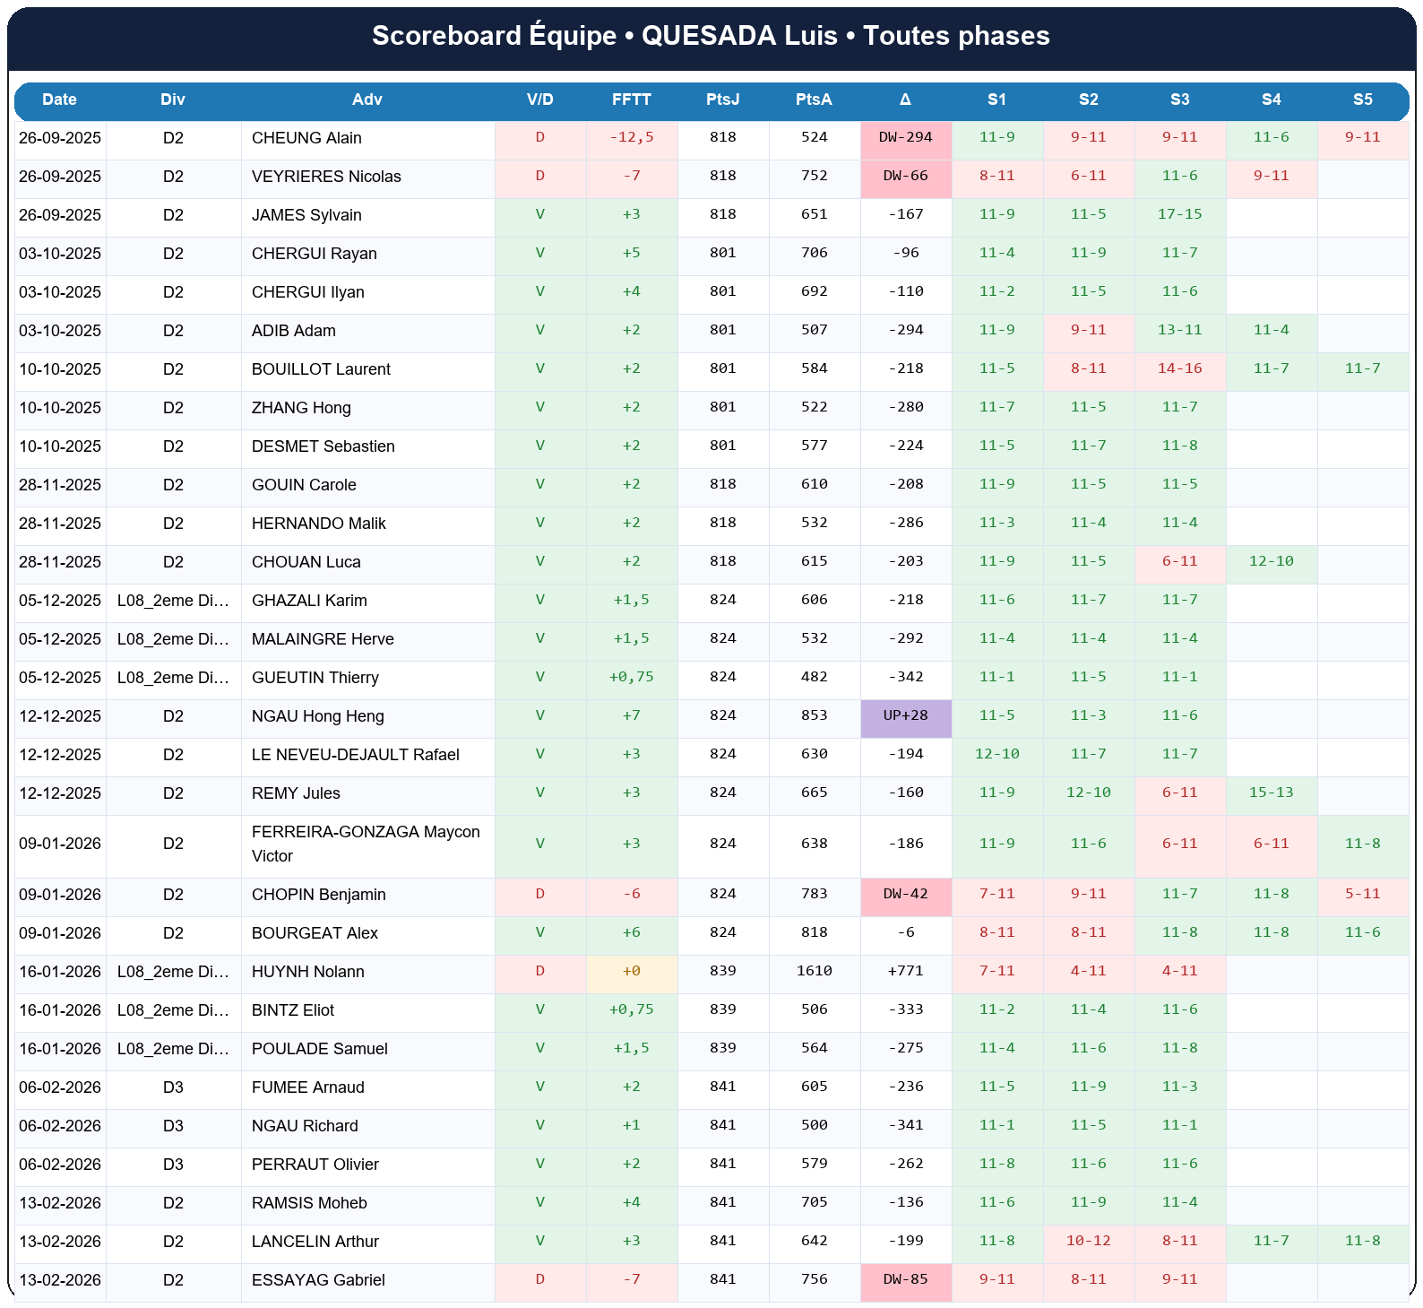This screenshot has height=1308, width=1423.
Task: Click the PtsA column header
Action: [814, 100]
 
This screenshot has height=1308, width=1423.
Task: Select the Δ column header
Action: [905, 100]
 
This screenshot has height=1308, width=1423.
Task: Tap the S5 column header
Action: [1362, 100]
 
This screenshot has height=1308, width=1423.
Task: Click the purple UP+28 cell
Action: [905, 715]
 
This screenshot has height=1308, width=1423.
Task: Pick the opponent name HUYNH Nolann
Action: [307, 972]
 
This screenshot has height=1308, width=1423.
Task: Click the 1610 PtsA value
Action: [814, 971]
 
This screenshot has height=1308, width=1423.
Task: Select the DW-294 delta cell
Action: [905, 137]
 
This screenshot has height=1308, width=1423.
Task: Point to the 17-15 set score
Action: [1179, 214]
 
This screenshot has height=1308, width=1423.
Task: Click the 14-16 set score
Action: [1179, 368]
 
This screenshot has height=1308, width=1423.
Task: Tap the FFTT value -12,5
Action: [631, 137]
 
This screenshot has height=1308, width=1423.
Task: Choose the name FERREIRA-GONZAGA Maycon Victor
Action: [366, 844]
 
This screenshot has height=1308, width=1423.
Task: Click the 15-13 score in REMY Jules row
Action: [1271, 793]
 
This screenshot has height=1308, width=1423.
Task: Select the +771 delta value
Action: [905, 971]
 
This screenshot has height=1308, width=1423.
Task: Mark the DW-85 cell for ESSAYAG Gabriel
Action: [905, 1279]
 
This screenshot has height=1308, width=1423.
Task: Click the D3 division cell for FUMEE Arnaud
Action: [173, 1087]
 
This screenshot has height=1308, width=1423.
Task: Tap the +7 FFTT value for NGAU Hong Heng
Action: [631, 715]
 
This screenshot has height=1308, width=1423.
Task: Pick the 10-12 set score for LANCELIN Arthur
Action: [1088, 1241]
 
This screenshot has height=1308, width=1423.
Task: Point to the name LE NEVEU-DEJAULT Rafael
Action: [355, 755]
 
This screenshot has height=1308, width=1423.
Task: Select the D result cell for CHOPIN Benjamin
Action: [539, 894]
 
